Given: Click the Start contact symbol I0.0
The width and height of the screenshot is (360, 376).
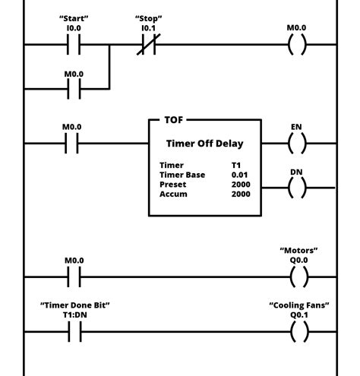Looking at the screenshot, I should [73, 45].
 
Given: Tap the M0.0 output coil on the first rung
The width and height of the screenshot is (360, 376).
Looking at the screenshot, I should [298, 45].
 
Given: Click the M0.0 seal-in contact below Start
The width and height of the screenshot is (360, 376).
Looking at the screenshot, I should [73, 89].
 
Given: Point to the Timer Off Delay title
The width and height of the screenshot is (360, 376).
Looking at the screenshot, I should [204, 143].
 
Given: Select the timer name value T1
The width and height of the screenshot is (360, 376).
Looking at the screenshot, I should [237, 165].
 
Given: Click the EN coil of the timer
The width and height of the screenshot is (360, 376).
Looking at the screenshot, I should [298, 143].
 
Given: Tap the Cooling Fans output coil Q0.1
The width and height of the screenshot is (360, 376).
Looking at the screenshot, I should [298, 332].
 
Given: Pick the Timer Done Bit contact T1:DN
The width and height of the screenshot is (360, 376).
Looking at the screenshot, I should [73, 332].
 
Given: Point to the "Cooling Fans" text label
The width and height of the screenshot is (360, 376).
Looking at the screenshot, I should [298, 305].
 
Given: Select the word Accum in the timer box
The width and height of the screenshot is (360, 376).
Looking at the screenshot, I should [172, 194].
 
